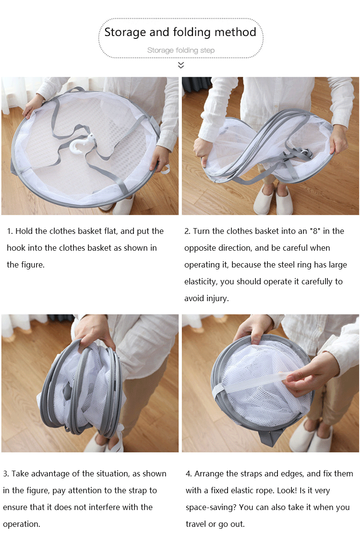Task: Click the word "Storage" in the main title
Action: (125, 32)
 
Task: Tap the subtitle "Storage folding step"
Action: (180, 50)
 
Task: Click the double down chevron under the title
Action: (181, 65)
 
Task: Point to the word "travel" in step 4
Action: (196, 524)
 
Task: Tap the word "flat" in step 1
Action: (110, 231)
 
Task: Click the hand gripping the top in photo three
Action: (93, 331)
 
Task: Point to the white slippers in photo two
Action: (273, 200)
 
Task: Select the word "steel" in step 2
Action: (286, 265)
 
